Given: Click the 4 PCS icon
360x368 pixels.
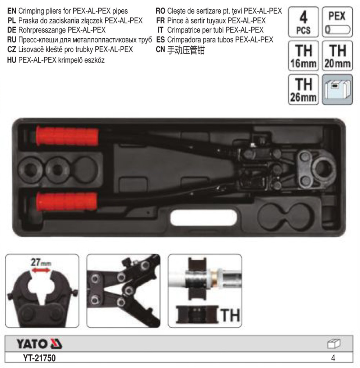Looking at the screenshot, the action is click(303, 22).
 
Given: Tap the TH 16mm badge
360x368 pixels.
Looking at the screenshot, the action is click(303, 56).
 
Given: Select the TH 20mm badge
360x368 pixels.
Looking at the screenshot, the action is click(337, 56).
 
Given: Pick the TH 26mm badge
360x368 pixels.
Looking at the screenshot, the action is click(303, 90).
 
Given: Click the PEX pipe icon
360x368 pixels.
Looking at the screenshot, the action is click(337, 22).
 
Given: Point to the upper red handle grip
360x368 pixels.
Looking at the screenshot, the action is click(67, 137).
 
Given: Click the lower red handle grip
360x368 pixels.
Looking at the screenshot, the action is click(67, 201).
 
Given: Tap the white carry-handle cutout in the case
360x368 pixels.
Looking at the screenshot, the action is click(203, 218).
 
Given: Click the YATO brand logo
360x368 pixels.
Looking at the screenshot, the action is click(39, 344).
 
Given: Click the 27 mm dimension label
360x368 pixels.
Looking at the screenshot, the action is click(41, 262).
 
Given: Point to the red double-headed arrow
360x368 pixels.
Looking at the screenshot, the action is click(41, 271).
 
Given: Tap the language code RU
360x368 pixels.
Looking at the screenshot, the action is click(12, 40).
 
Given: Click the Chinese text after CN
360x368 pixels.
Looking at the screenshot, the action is click(186, 50).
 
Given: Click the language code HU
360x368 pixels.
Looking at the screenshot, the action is click(12, 60).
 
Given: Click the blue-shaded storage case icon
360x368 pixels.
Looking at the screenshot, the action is click(337, 90).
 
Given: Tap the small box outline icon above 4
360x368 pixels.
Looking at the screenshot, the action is click(334, 344).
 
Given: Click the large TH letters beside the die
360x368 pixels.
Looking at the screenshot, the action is click(230, 315).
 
